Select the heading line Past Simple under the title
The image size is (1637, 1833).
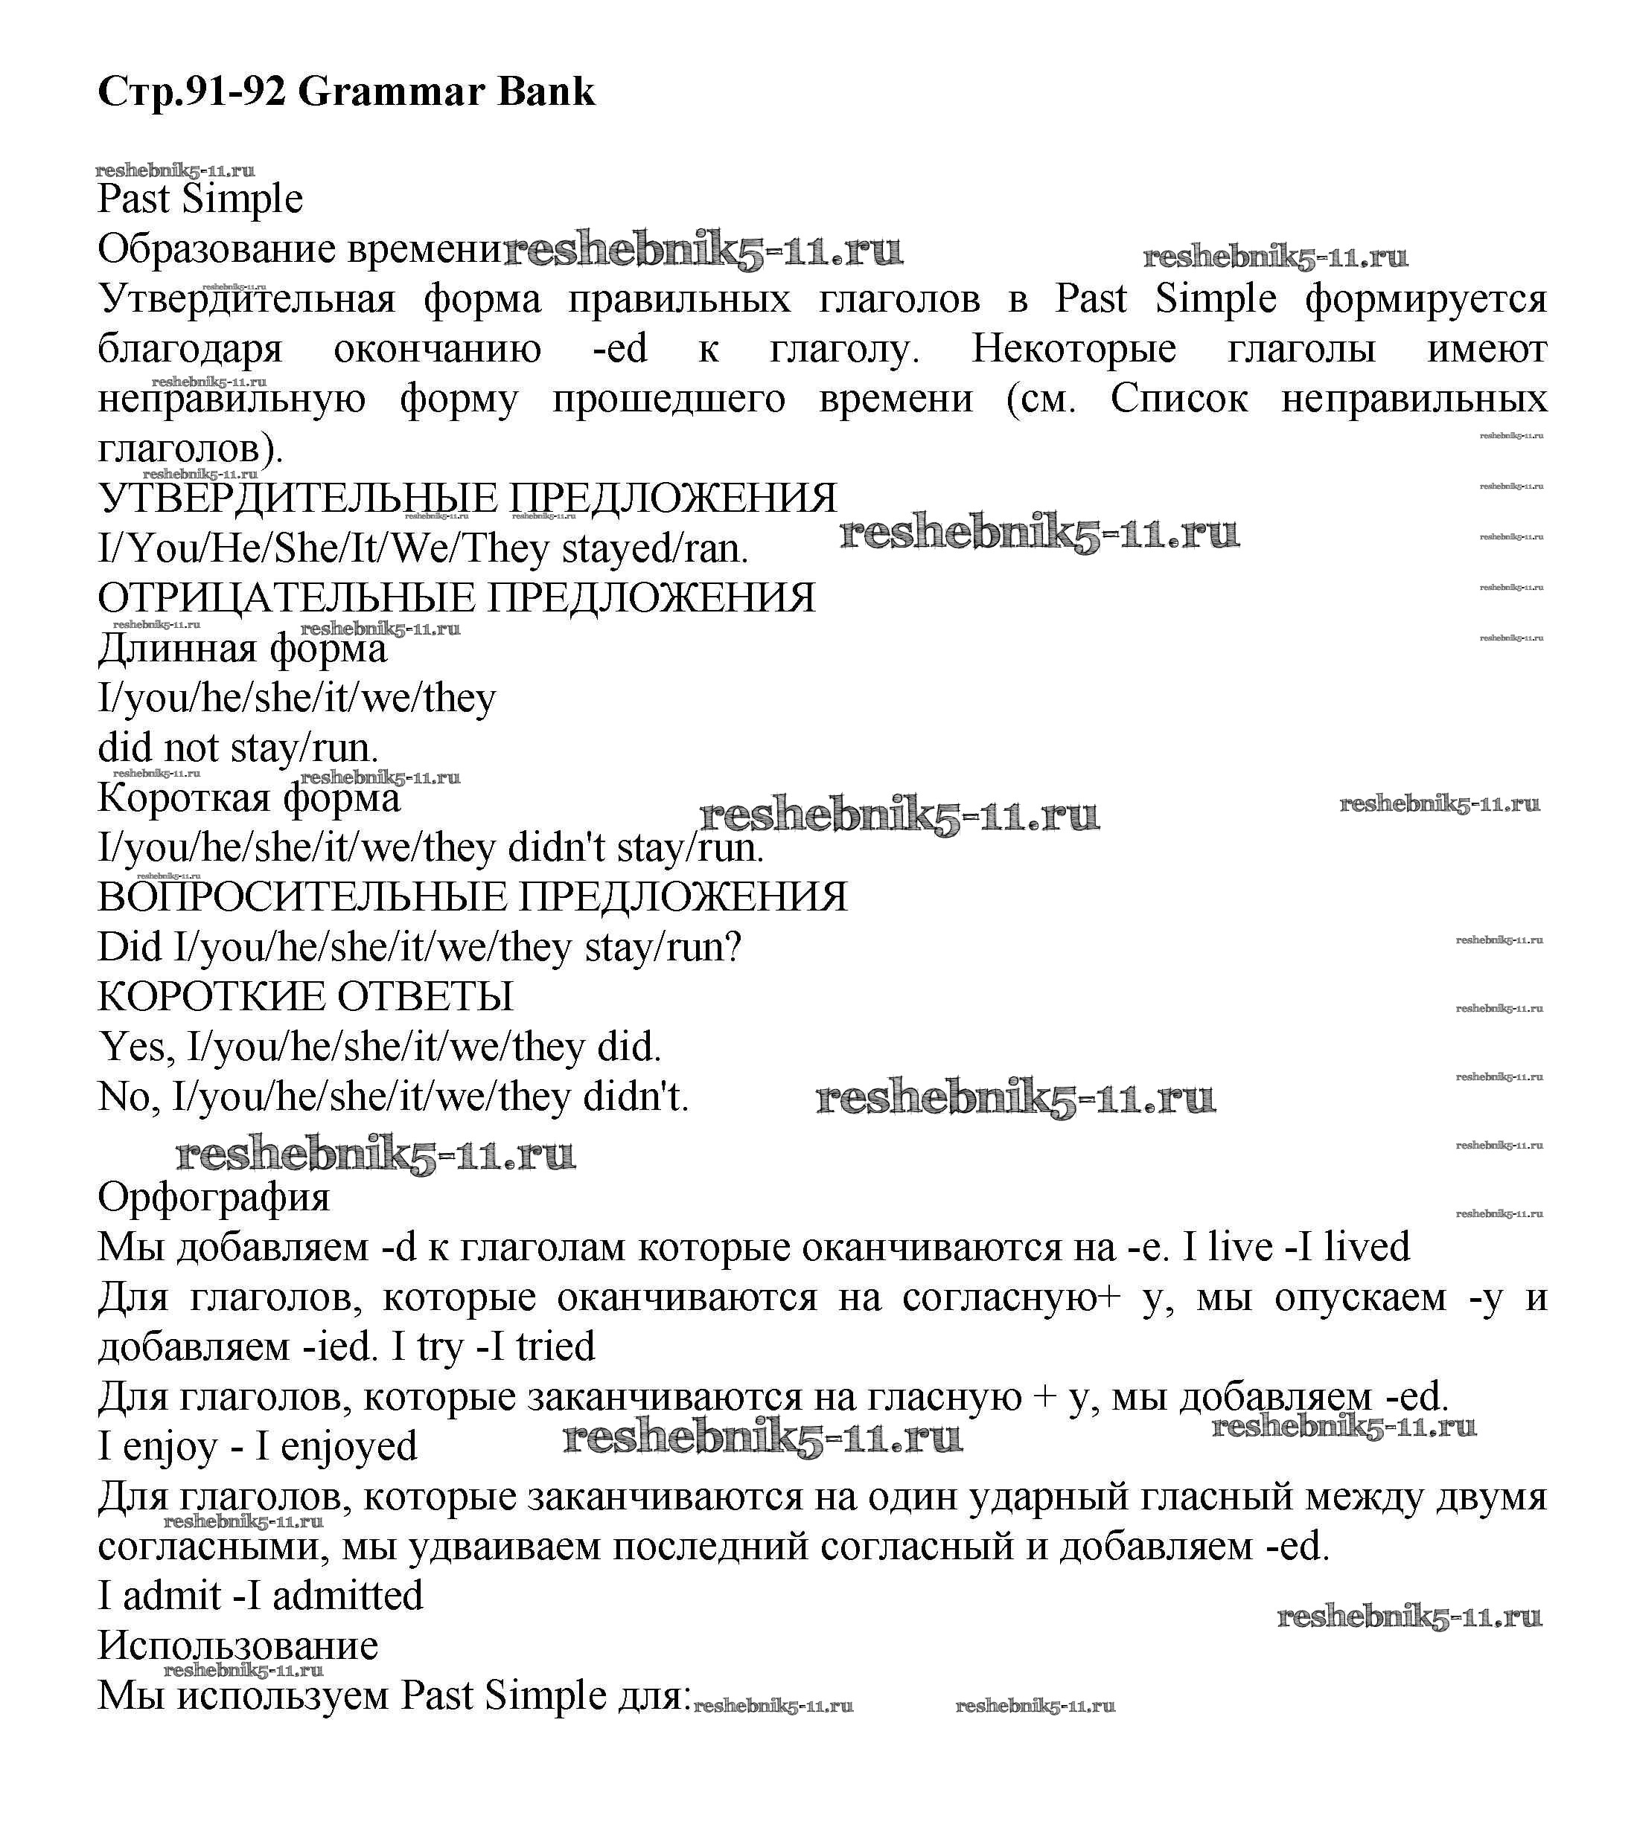(200, 199)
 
